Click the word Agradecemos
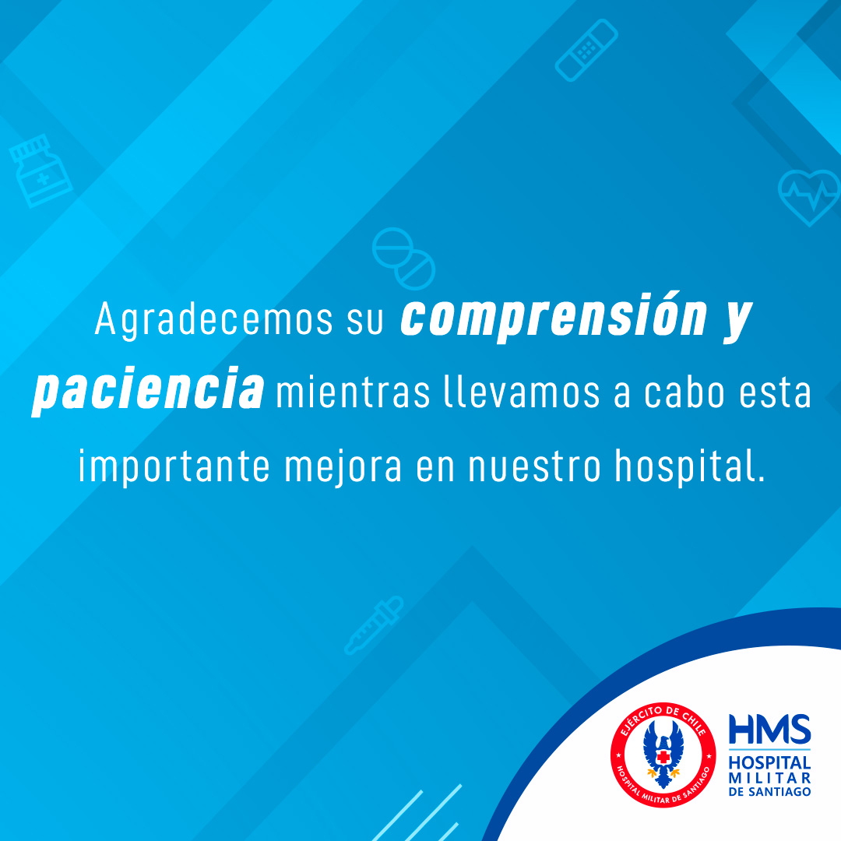(213, 320)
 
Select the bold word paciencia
(147, 389)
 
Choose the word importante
(174, 466)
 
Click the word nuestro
(535, 466)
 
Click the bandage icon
(586, 50)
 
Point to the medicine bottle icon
(40, 171)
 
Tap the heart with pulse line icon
(809, 197)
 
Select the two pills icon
(403, 259)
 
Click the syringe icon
(373, 625)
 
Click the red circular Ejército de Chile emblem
(663, 755)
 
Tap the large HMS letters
(769, 729)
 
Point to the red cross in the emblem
(663, 757)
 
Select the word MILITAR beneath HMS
(769, 778)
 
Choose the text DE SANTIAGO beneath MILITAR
(769, 792)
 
